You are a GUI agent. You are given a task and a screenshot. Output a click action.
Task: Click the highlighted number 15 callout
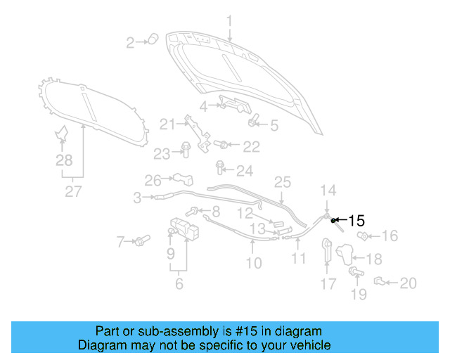coord(356,221)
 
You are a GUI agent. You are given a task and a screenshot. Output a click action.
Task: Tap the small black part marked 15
coord(333,221)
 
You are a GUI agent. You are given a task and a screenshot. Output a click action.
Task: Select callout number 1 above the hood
coord(229,21)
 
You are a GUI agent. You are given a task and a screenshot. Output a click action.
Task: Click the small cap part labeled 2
coord(153,39)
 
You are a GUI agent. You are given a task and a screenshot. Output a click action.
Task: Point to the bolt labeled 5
coord(253,120)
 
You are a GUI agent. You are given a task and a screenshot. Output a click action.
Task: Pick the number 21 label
coord(168,124)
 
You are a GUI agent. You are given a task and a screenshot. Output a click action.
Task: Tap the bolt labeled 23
coord(186,149)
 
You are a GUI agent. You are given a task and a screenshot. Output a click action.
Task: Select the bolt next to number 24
coord(220,167)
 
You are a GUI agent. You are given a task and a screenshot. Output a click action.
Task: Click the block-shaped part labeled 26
coord(183,179)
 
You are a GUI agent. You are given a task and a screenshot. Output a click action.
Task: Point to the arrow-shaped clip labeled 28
coord(61,133)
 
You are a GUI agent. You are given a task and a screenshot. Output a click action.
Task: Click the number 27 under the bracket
coord(73,191)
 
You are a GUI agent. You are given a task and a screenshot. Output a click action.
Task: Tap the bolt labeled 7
coord(142,240)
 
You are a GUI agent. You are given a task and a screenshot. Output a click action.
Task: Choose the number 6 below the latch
coord(179,283)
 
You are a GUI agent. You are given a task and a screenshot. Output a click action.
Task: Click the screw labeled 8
coord(192,212)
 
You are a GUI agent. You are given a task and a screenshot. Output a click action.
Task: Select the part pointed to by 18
coord(345,254)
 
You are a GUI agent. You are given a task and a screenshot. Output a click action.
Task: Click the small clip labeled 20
coord(379,281)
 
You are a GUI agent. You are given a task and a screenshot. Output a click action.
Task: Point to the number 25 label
coord(283,182)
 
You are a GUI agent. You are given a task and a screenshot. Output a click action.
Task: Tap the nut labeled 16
coord(363,236)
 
